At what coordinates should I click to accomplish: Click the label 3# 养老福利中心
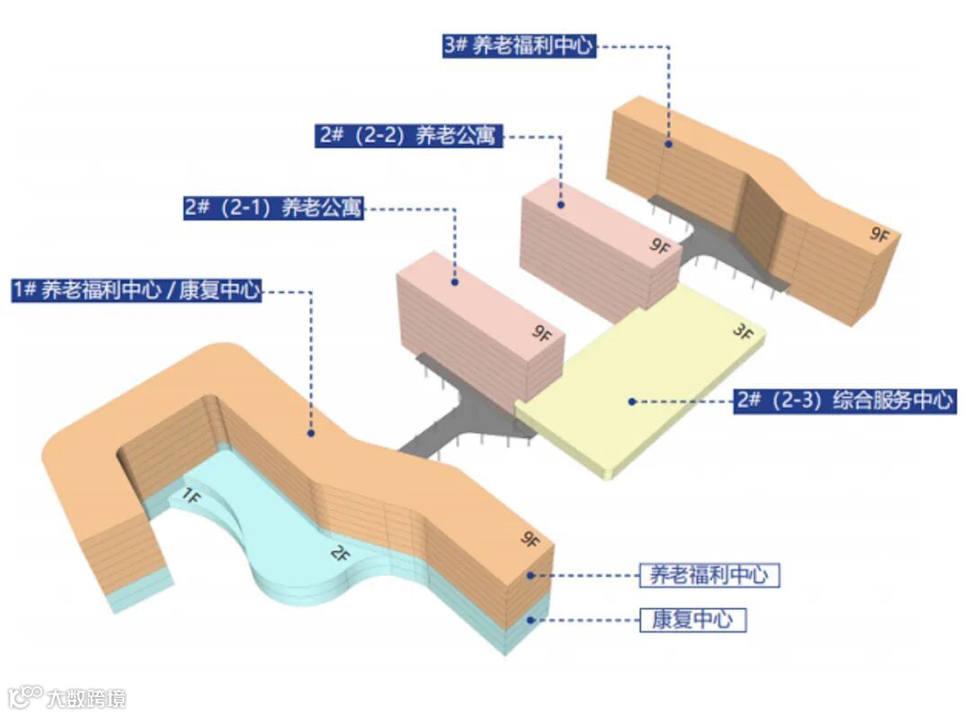pyautogui.click(x=519, y=46)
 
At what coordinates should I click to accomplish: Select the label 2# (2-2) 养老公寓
pyautogui.click(x=407, y=136)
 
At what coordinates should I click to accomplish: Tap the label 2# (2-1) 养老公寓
pyautogui.click(x=273, y=207)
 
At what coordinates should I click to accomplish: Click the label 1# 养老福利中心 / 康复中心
pyautogui.click(x=137, y=291)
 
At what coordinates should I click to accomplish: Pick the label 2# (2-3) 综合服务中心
pyautogui.click(x=844, y=400)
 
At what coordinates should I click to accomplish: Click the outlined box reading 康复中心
pyautogui.click(x=691, y=620)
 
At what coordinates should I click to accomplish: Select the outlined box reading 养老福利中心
pyautogui.click(x=708, y=575)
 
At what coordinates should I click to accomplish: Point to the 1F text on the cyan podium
pyautogui.click(x=192, y=495)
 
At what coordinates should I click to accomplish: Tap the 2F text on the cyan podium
pyautogui.click(x=339, y=554)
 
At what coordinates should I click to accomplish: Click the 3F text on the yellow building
pyautogui.click(x=742, y=331)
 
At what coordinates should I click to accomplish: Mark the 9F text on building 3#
pyautogui.click(x=878, y=235)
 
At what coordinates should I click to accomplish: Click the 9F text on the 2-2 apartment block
pyautogui.click(x=660, y=246)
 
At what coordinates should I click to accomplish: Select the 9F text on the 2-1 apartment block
pyautogui.click(x=541, y=335)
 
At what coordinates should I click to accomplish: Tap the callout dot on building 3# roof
pyautogui.click(x=669, y=142)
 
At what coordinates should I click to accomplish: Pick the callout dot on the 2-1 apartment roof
pyautogui.click(x=455, y=282)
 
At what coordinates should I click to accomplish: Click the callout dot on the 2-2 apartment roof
pyautogui.click(x=560, y=205)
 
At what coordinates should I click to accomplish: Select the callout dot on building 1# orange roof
pyautogui.click(x=310, y=433)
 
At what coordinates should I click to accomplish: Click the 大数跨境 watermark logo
pyautogui.click(x=67, y=697)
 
